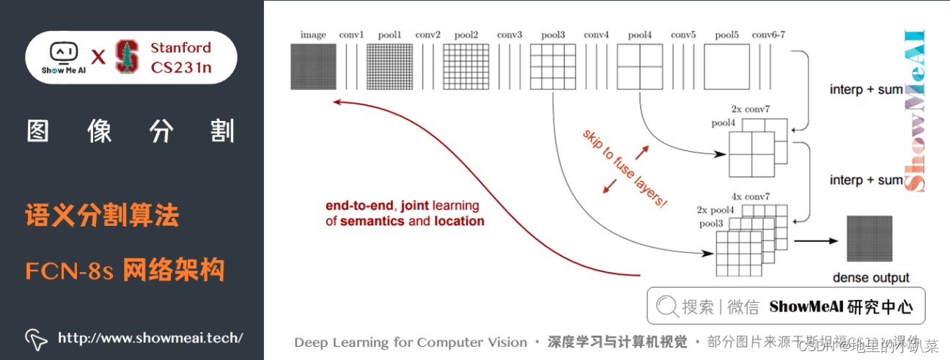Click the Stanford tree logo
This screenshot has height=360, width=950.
coord(127,57)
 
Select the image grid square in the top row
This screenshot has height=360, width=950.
coord(313,67)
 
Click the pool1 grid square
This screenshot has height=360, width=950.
coord(389,67)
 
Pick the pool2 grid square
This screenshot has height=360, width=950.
coord(465,67)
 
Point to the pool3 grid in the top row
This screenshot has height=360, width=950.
coord(552,67)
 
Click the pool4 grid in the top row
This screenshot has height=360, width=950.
coord(639,67)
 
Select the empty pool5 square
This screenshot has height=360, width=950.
coord(726,67)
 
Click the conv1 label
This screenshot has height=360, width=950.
coord(351,34)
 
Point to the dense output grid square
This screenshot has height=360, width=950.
coord(870,239)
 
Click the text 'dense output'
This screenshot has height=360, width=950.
coord(871,278)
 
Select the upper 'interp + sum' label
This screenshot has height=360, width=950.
coord(866,89)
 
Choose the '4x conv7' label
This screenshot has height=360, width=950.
coord(749,196)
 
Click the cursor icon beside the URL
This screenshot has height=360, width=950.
coord(36,338)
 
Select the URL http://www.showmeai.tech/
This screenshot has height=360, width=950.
coord(150,338)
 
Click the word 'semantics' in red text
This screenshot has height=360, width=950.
coord(372,221)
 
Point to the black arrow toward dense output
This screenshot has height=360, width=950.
coord(814,240)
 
